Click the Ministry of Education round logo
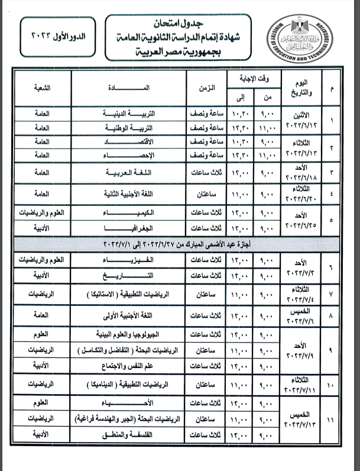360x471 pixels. pyautogui.click(x=306, y=39)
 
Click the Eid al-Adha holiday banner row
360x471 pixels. pyautogui.click(x=180, y=244)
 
